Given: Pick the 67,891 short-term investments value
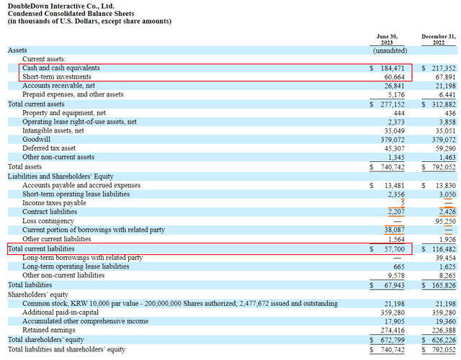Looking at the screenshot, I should pyautogui.click(x=438, y=76).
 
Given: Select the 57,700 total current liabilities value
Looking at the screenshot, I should pyautogui.click(x=397, y=248).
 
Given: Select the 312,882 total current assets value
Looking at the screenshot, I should pyautogui.click(x=438, y=104).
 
